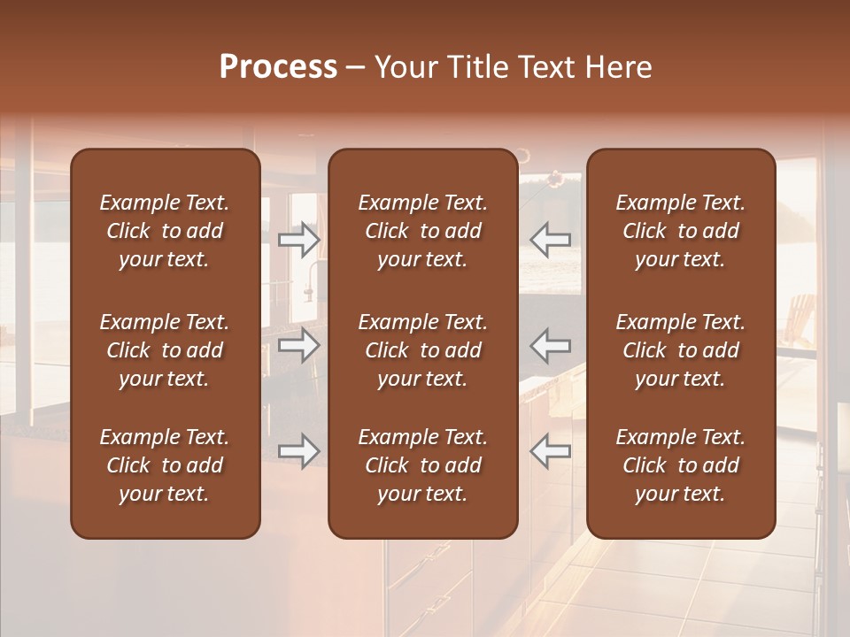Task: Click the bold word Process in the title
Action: pyautogui.click(x=278, y=67)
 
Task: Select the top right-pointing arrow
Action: pyautogui.click(x=298, y=239)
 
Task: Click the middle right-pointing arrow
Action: pyautogui.click(x=298, y=345)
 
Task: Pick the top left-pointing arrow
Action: pyautogui.click(x=550, y=239)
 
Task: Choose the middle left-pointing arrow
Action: pyautogui.click(x=550, y=345)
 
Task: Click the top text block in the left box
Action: pyautogui.click(x=165, y=231)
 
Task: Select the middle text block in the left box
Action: pyautogui.click(x=165, y=350)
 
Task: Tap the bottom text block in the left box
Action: pyautogui.click(x=165, y=465)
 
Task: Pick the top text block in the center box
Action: pyautogui.click(x=422, y=231)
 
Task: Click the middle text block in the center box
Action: pyautogui.click(x=422, y=350)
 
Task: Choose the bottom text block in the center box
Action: pyautogui.click(x=422, y=465)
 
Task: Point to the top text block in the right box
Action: pyautogui.click(x=680, y=231)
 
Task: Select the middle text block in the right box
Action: pyautogui.click(x=680, y=350)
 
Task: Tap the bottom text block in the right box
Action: pyautogui.click(x=680, y=465)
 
